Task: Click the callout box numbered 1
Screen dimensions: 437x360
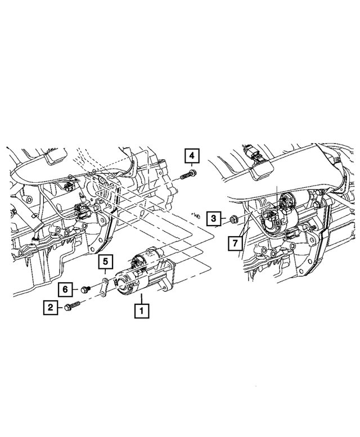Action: click(x=141, y=309)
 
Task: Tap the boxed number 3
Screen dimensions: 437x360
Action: click(x=213, y=218)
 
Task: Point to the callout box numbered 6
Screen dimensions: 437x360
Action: click(x=65, y=289)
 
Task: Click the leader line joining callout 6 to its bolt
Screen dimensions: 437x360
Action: click(x=76, y=289)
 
